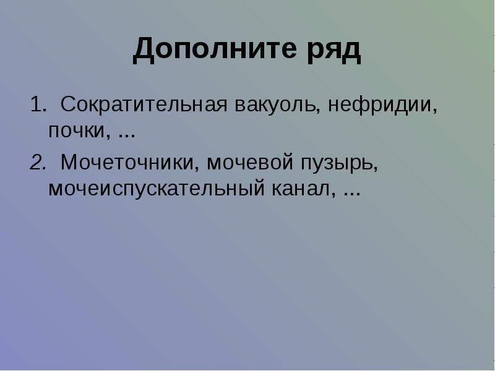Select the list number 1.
38,104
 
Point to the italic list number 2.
38,163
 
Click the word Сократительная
144,104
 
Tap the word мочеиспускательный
157,189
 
